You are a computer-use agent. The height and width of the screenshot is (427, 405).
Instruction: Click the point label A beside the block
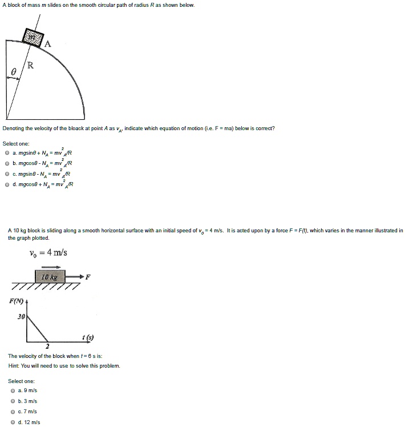pos(47,43)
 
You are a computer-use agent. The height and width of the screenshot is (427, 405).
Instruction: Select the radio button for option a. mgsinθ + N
pos(7,154)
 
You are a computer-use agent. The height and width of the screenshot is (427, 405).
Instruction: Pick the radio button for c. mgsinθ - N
pos(7,174)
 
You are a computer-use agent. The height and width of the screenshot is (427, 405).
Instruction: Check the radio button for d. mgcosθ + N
pos(7,184)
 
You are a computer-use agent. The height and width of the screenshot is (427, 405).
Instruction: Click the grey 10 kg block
pos(50,277)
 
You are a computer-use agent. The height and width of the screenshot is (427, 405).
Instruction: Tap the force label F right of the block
pos(88,277)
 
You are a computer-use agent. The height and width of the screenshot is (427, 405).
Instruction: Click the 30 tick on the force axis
pos(21,316)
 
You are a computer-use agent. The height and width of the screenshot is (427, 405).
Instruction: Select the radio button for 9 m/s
pos(13,391)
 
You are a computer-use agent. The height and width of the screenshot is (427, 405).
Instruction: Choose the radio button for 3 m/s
pos(13,401)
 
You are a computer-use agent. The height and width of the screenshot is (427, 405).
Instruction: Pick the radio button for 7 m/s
pos(13,412)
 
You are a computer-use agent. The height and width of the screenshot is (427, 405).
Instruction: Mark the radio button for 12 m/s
pos(13,422)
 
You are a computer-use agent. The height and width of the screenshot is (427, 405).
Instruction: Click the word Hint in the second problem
pos(14,366)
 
